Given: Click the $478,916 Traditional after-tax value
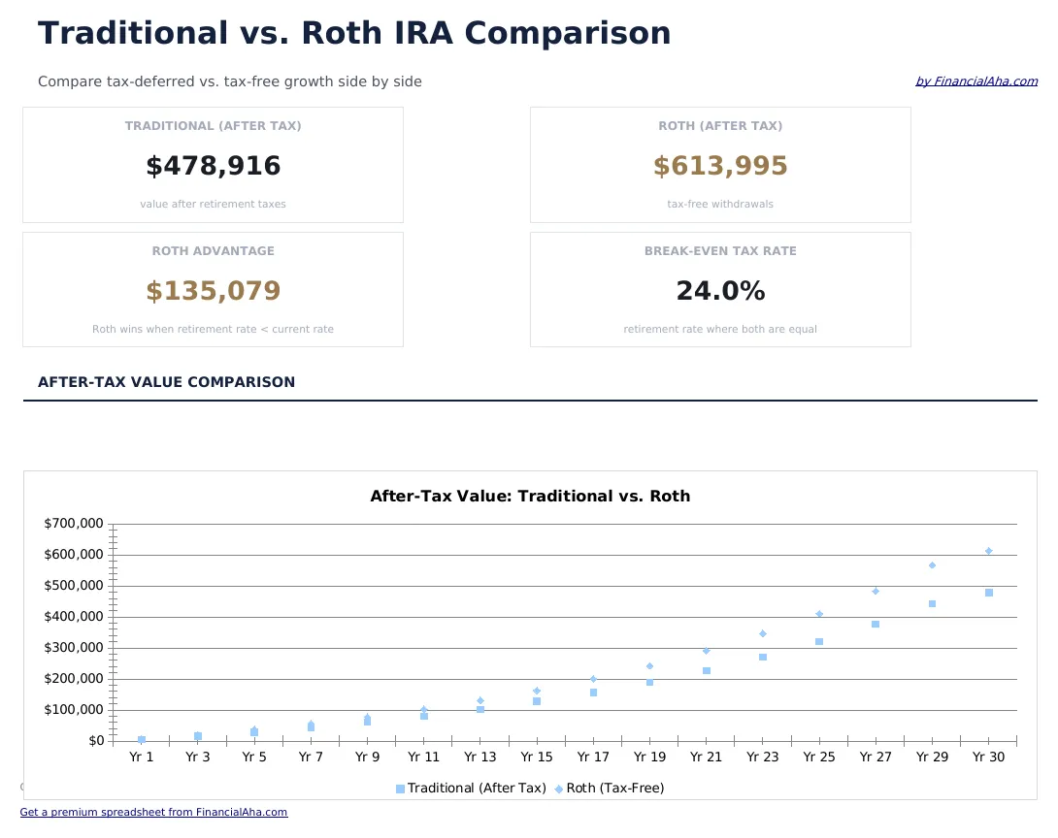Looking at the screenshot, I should click(213, 167).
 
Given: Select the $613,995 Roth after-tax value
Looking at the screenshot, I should click(720, 167).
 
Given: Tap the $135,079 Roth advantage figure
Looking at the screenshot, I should click(213, 292).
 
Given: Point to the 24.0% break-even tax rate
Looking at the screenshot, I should click(720, 292).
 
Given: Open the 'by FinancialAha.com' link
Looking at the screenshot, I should click(975, 81).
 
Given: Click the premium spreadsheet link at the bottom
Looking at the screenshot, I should click(153, 813).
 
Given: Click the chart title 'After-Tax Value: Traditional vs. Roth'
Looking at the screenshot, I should click(530, 497).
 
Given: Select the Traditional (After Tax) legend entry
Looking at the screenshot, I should click(471, 789).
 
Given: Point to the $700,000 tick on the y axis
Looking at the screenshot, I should click(74, 524).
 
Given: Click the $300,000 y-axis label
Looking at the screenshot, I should click(74, 648).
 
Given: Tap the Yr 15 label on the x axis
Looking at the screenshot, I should click(537, 757).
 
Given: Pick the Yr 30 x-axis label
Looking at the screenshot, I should click(989, 757).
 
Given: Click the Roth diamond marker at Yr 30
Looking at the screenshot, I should click(989, 551).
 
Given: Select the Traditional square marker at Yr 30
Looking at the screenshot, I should click(989, 593).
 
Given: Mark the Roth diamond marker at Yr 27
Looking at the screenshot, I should click(876, 591).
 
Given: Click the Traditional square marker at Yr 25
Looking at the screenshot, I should click(819, 642).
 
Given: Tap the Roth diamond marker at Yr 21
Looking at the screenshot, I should click(707, 651).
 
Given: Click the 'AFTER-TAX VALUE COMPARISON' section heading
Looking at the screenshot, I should click(166, 383).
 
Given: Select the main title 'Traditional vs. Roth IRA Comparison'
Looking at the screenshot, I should click(354, 34).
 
